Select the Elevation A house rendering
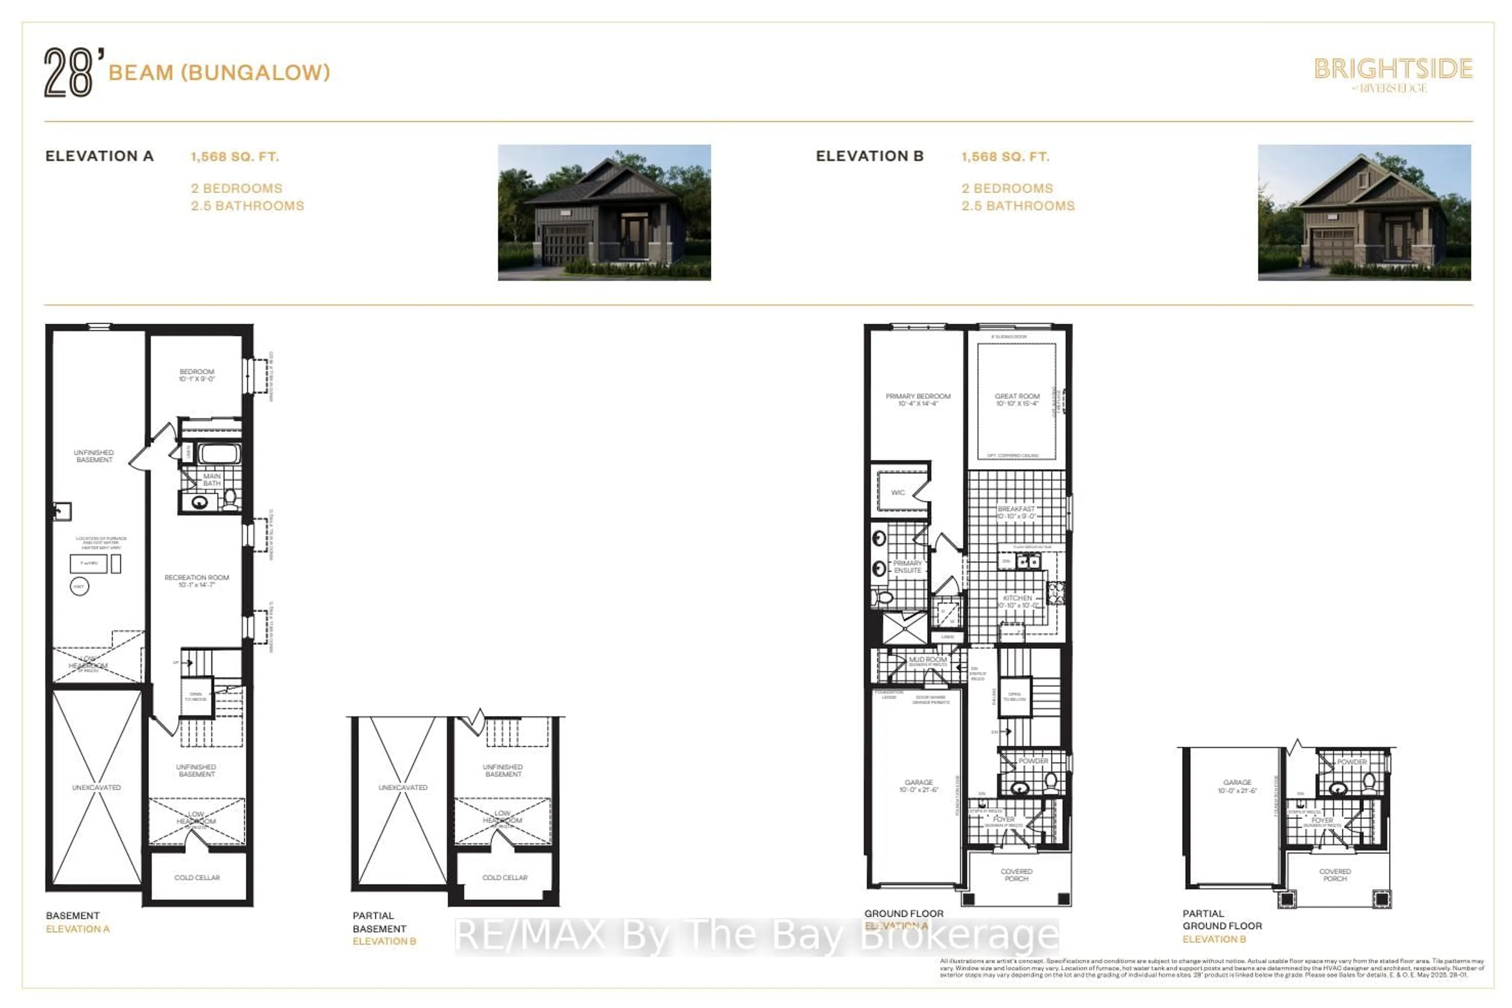(x=604, y=212)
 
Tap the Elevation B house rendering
(x=1364, y=212)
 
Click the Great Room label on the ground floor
(x=1017, y=399)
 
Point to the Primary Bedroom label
(x=917, y=399)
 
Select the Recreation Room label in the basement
(x=197, y=580)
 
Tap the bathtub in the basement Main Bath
(x=219, y=454)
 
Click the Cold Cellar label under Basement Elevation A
(x=197, y=878)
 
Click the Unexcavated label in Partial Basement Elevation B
(x=402, y=787)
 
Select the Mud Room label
(x=928, y=660)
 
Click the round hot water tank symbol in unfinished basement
(x=79, y=586)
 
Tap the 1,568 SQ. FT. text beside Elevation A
(x=235, y=156)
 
